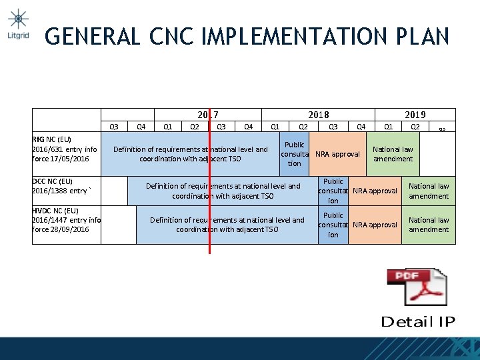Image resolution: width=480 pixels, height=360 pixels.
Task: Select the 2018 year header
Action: [318, 115]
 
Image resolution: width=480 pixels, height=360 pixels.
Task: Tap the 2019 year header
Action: [415, 115]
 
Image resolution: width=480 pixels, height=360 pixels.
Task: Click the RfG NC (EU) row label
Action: [65, 149]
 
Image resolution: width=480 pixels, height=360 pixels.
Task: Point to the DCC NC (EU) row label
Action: [61, 186]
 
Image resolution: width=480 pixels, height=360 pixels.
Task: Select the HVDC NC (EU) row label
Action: [66, 220]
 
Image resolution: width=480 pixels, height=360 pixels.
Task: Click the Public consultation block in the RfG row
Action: [295, 154]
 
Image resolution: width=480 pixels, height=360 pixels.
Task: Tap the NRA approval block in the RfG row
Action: [338, 154]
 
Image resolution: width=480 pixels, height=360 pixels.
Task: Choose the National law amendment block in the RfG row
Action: [393, 154]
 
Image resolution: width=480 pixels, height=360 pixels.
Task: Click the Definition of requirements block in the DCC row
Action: [223, 191]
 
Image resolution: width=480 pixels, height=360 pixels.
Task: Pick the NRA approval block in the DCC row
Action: [374, 191]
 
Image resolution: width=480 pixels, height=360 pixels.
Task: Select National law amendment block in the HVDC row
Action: [429, 225]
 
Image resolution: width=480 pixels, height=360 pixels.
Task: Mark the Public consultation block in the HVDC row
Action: [333, 225]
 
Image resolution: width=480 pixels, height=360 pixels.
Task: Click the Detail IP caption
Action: [417, 322]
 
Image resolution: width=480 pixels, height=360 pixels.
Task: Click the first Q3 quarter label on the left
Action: [114, 126]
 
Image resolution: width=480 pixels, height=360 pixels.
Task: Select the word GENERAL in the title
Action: [93, 36]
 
